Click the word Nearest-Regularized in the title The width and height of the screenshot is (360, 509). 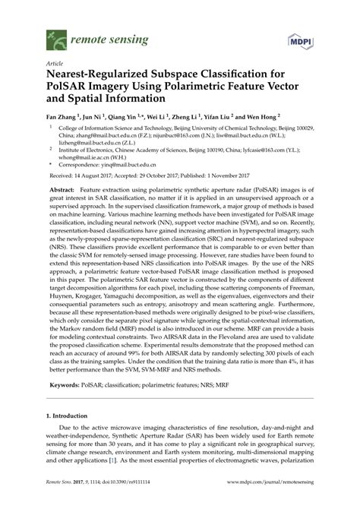(x=100, y=77)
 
